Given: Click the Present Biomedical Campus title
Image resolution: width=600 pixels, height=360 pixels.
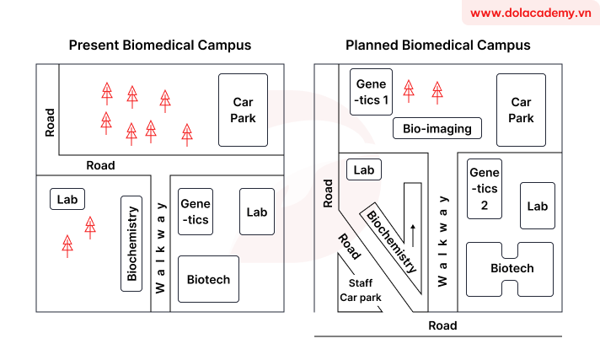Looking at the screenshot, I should tap(159, 45).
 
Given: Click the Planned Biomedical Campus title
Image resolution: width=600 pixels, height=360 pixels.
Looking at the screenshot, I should tap(437, 45).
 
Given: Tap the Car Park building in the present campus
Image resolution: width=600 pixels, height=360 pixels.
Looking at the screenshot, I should tap(243, 110).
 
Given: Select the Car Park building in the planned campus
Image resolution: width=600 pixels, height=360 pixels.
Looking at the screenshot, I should tap(520, 110).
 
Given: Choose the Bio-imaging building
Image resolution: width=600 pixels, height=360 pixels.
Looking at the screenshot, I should tap(437, 129).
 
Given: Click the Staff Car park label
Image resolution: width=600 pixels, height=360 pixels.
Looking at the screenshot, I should tap(361, 290).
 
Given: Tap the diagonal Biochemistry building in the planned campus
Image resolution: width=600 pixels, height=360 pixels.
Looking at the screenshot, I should tap(390, 240).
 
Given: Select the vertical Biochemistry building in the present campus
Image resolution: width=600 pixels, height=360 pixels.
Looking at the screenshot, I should tap(131, 244).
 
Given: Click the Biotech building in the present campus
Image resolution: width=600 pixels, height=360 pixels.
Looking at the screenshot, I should tap(208, 279).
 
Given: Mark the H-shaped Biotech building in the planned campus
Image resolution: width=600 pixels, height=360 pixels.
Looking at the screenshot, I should tap(512, 268).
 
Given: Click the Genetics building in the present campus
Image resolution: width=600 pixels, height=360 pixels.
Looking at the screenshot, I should tap(196, 212).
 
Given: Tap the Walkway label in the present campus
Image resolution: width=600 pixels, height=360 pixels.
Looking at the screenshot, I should tap(160, 245).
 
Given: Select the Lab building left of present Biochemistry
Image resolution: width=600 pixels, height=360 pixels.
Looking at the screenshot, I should tap(67, 199).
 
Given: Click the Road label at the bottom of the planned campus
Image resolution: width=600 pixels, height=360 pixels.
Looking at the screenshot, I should tap(442, 325).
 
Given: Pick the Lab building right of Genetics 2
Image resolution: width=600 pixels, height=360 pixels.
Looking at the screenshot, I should tap(537, 206).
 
